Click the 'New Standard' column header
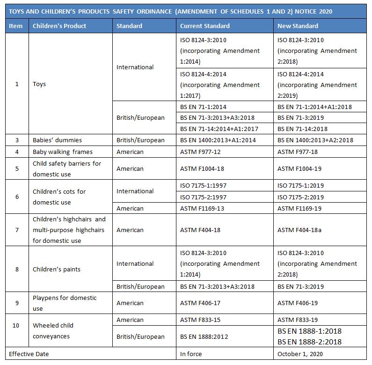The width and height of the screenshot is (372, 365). click(x=298, y=26)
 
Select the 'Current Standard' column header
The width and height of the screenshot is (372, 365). click(x=204, y=26)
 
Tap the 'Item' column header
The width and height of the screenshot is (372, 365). click(x=16, y=26)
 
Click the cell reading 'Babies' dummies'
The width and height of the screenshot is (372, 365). click(x=57, y=140)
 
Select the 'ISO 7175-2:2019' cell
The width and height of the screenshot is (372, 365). click(x=300, y=197)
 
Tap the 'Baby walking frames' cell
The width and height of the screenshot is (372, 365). click(x=63, y=152)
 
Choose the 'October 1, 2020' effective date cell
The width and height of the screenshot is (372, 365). click(x=300, y=354)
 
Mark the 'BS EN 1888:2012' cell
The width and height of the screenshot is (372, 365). click(x=204, y=336)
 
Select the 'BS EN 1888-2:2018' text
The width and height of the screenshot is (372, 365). click(x=309, y=342)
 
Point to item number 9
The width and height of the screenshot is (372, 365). click(x=17, y=303)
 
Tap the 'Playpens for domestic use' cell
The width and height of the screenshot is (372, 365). click(x=65, y=303)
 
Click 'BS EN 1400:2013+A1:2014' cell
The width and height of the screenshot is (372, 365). click(x=218, y=140)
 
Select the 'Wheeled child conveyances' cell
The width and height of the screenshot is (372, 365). click(x=53, y=331)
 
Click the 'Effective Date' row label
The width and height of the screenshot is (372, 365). click(x=29, y=354)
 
